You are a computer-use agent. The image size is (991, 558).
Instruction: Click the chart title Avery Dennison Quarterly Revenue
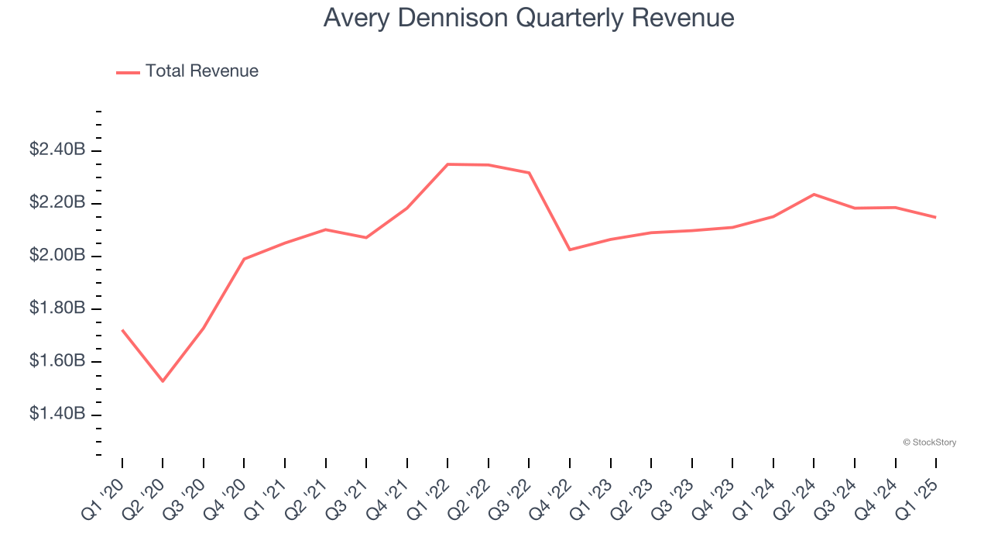point(528,18)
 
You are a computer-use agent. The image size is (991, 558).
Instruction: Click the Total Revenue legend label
point(201,71)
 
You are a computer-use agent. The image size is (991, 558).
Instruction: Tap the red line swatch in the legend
point(128,72)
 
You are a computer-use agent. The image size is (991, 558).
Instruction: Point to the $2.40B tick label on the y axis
point(57,150)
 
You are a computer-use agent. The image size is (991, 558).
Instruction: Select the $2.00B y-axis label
point(57,256)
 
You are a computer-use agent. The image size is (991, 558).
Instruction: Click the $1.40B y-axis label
point(57,415)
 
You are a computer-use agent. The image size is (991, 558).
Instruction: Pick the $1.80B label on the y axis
point(57,308)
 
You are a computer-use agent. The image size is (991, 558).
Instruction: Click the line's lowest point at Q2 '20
point(163,381)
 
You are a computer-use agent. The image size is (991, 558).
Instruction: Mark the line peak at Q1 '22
point(447,164)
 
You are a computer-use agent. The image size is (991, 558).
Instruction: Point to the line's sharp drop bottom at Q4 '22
point(570,250)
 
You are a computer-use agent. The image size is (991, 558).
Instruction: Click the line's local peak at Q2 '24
point(814,194)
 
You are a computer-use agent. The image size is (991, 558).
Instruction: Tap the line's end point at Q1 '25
point(936,217)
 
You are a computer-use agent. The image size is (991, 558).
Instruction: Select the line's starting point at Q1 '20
point(122,330)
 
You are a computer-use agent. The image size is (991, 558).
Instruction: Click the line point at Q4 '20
point(244,259)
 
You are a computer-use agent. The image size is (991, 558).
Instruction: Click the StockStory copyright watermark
point(929,443)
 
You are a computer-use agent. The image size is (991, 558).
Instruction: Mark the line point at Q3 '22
point(529,173)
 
